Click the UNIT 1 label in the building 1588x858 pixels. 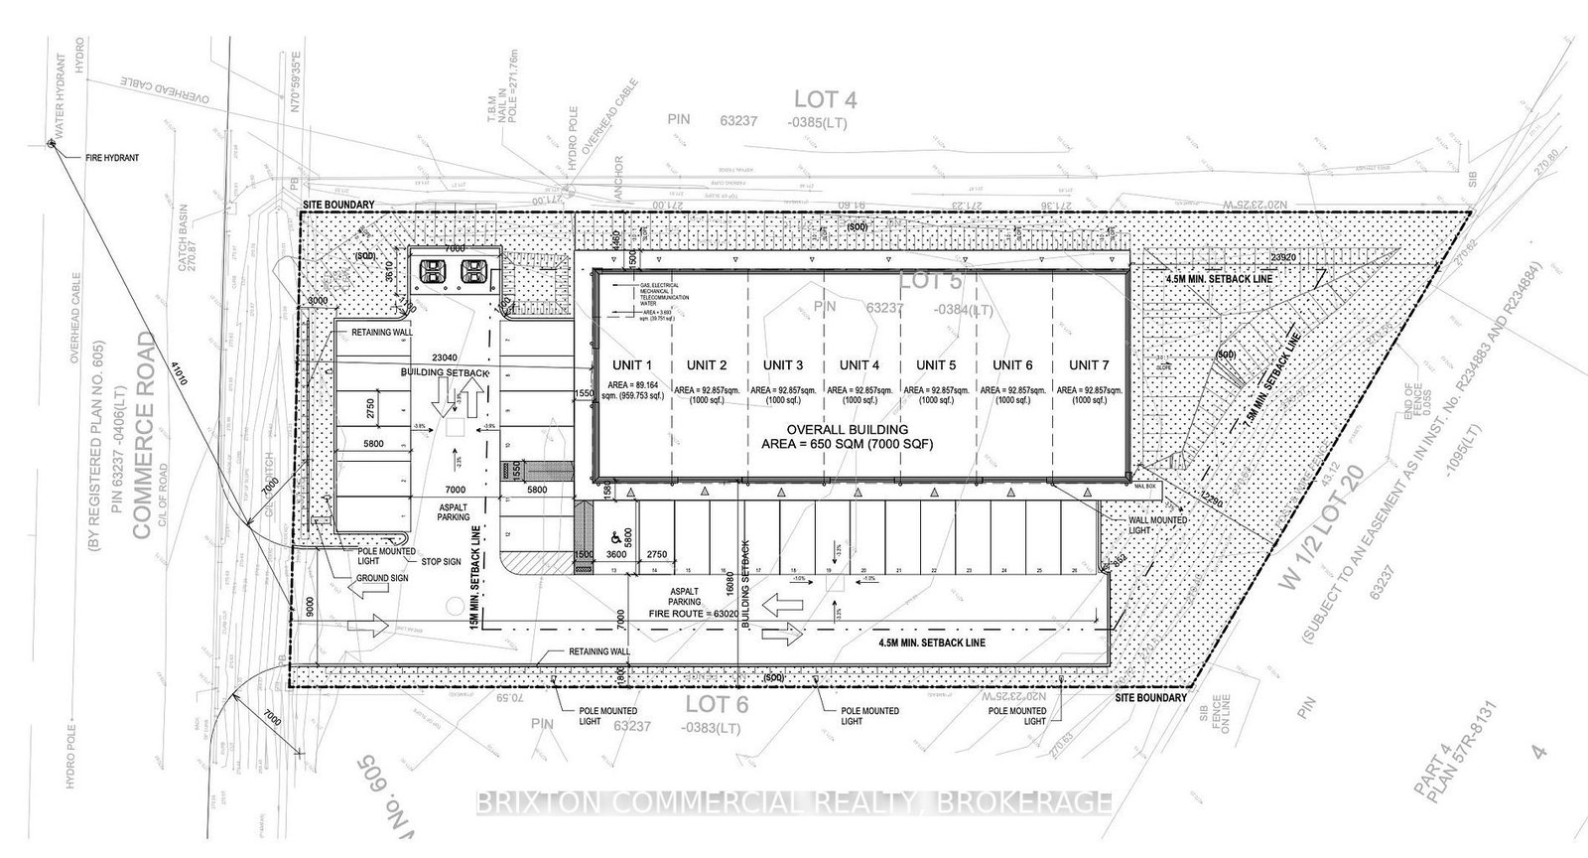tap(632, 364)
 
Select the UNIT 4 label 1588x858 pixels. tap(859, 364)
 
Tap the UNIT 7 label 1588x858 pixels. tap(1089, 364)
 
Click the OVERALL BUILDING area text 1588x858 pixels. tap(859, 436)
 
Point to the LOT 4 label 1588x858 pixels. tap(826, 98)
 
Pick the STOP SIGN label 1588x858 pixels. tap(440, 562)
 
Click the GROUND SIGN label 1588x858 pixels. tap(381, 577)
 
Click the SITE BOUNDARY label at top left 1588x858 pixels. tap(337, 205)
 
